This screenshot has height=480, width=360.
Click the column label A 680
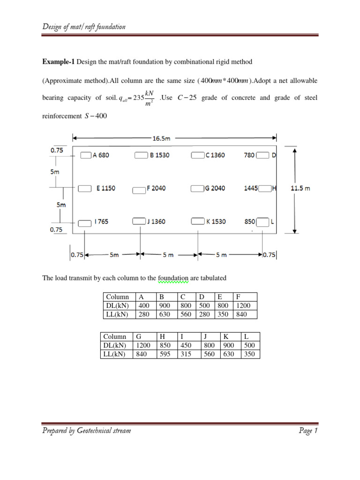pyautogui.click(x=100, y=156)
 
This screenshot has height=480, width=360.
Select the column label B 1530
pyautogui.click(x=159, y=156)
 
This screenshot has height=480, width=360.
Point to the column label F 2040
pyautogui.click(x=156, y=188)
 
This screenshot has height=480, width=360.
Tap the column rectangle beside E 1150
pyautogui.click(x=84, y=188)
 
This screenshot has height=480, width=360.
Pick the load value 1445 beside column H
pyautogui.click(x=251, y=188)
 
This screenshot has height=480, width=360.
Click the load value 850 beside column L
pyautogui.click(x=250, y=221)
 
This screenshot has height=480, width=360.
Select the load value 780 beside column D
pyautogui.click(x=250, y=156)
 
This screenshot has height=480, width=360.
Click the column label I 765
pyautogui.click(x=101, y=221)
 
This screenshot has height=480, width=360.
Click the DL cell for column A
pyautogui.click(x=142, y=306)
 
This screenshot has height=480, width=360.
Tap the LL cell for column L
pyautogui.click(x=250, y=354)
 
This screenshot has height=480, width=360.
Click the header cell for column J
pyautogui.click(x=205, y=337)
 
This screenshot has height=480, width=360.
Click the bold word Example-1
pyautogui.click(x=59, y=62)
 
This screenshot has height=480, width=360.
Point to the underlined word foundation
pyautogui.click(x=173, y=278)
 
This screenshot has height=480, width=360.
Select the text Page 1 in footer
pyautogui.click(x=308, y=431)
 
